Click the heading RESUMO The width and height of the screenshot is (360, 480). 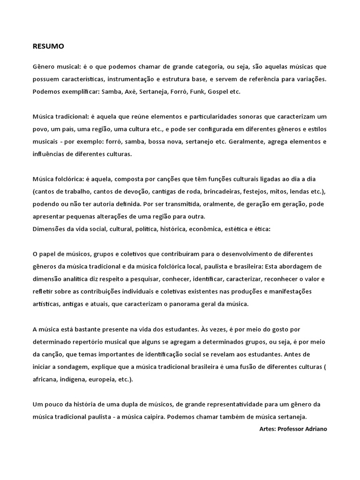click(x=48, y=46)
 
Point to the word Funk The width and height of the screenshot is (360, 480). click(x=196, y=91)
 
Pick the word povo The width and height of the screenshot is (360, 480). click(x=40, y=129)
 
